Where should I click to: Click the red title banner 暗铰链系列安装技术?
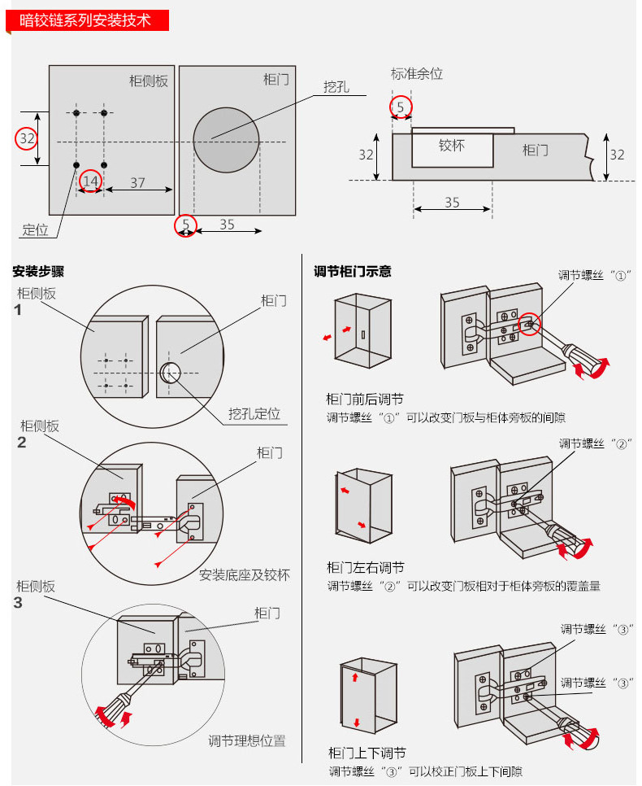[x=87, y=20]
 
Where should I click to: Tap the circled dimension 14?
[x=91, y=181]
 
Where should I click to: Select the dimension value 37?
[x=137, y=183]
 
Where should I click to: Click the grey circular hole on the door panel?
[x=227, y=140]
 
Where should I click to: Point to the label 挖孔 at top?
[x=336, y=87]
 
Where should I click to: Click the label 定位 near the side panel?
[x=35, y=230]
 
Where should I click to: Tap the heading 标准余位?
[x=417, y=74]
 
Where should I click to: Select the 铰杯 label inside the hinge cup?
[x=452, y=146]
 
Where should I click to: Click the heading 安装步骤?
[x=38, y=272]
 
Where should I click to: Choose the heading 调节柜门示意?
[x=353, y=272]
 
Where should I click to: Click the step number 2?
[x=21, y=442]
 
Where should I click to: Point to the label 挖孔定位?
[x=254, y=413]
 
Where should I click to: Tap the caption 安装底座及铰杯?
[x=245, y=575]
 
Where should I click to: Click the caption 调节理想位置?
[x=247, y=740]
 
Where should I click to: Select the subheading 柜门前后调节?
[x=365, y=399]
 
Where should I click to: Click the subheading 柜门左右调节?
[x=366, y=567]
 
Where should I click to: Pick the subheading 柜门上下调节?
[x=367, y=753]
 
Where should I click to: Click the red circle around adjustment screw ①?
[x=529, y=325]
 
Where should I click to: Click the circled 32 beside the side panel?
[x=27, y=138]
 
